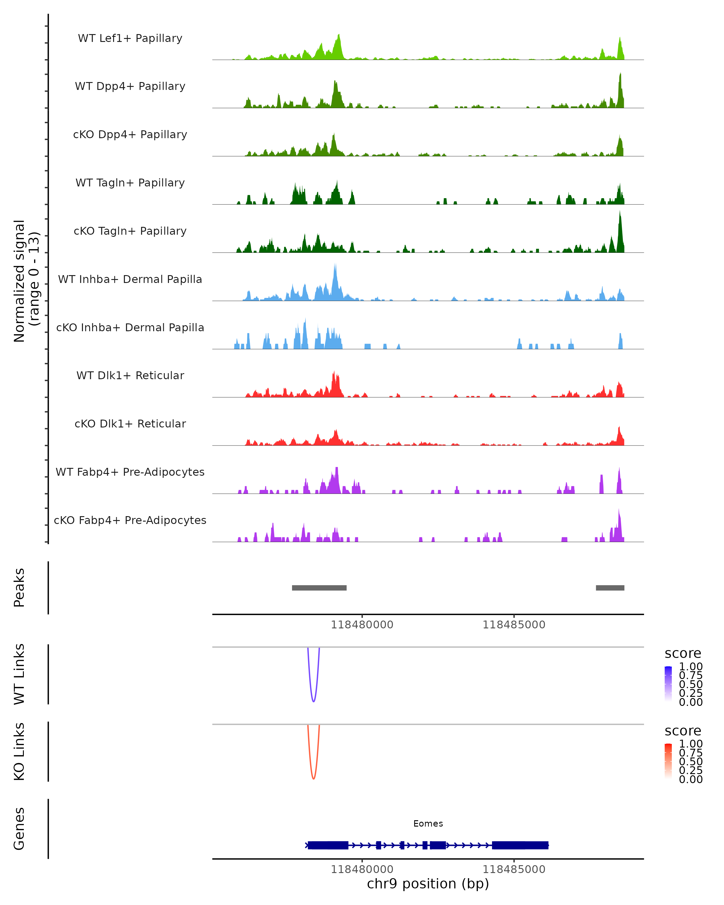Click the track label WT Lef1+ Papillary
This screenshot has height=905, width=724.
point(130,38)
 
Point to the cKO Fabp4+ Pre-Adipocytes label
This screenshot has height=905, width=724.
point(130,520)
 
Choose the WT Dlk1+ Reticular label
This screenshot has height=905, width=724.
point(130,375)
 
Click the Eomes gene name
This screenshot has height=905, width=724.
point(428,824)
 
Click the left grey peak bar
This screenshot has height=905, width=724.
point(319,588)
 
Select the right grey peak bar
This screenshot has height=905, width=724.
point(610,588)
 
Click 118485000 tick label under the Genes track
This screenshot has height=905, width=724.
point(514,869)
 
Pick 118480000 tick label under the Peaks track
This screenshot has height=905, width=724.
point(362,625)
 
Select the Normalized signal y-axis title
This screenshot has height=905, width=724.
point(26,281)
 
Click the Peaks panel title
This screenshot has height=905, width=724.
point(19,588)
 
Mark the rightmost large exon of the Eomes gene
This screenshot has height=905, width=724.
point(520,845)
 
